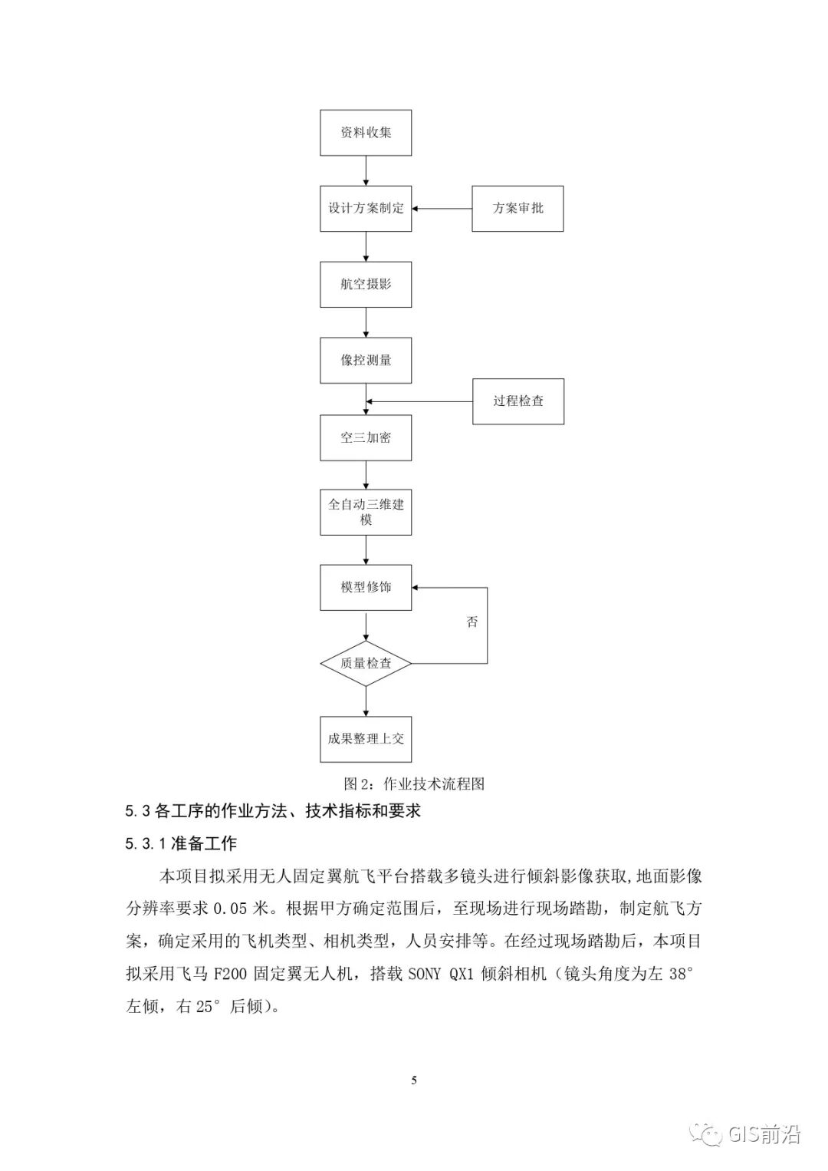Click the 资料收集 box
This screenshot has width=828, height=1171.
pyautogui.click(x=366, y=133)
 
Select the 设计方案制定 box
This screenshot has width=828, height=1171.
pyautogui.click(x=366, y=209)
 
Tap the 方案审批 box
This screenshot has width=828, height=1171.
pyautogui.click(x=517, y=209)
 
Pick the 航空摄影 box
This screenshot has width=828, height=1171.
pyautogui.click(x=366, y=284)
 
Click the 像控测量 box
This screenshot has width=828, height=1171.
pyautogui.click(x=366, y=360)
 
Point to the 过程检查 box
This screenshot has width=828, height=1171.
pyautogui.click(x=518, y=401)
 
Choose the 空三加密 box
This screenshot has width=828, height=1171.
pyautogui.click(x=366, y=437)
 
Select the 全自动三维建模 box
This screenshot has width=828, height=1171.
pyautogui.click(x=366, y=512)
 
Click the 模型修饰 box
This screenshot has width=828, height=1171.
pyautogui.click(x=366, y=587)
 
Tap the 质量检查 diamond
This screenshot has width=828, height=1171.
pyautogui.click(x=366, y=663)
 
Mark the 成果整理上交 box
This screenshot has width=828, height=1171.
pyautogui.click(x=366, y=739)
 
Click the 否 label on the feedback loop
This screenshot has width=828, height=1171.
pyautogui.click(x=472, y=622)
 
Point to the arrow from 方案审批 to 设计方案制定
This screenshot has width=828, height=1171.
pyautogui.click(x=442, y=209)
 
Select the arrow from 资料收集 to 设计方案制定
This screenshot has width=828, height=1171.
pyautogui.click(x=366, y=170)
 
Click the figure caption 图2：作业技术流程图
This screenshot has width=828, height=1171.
pyautogui.click(x=414, y=783)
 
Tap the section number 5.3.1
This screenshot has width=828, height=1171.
pyautogui.click(x=146, y=844)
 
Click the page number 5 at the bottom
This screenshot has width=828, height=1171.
pyautogui.click(x=414, y=1080)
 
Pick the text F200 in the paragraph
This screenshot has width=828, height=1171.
pyautogui.click(x=231, y=974)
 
